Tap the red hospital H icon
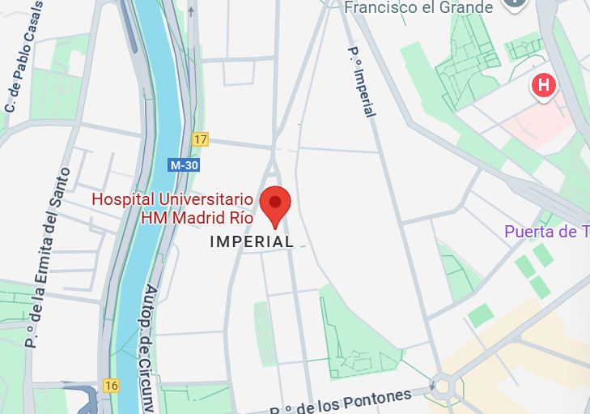tap(544, 84)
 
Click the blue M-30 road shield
tap(184, 164)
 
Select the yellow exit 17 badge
tap(201, 139)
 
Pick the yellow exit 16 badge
tap(111, 385)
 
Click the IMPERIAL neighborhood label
tap(252, 241)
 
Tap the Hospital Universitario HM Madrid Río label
tap(173, 208)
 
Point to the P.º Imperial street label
tap(362, 81)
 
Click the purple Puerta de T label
tap(546, 233)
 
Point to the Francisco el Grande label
tap(418, 8)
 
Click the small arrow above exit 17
tap(191, 11)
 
